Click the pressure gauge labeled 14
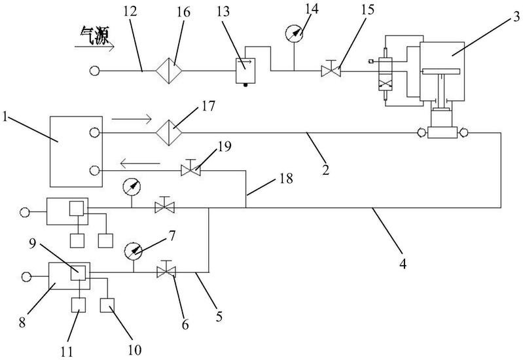click(x=294, y=33)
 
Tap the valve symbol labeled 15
click(x=331, y=69)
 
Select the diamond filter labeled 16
click(x=169, y=71)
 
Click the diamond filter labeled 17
click(x=169, y=133)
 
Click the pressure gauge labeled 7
click(x=133, y=251)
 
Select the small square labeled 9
click(x=79, y=274)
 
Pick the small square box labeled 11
click(x=79, y=305)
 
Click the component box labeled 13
click(x=245, y=71)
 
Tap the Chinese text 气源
click(x=95, y=36)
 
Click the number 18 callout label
click(x=287, y=179)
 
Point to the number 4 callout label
click(x=403, y=264)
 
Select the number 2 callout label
click(x=325, y=170)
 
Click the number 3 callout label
click(x=516, y=16)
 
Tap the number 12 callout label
click(x=130, y=12)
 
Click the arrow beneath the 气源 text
click(x=94, y=47)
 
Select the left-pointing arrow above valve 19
click(x=140, y=164)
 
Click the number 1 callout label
click(x=5, y=117)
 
